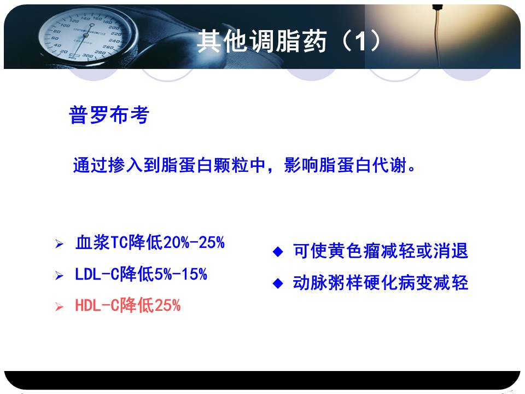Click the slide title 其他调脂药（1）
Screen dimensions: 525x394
(289, 41)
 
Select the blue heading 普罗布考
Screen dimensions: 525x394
(109, 115)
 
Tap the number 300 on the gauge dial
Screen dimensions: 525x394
(87, 56)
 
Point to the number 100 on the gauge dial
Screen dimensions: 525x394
(65, 25)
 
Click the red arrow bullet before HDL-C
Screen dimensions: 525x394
(59, 306)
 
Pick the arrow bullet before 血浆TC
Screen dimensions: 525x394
(59, 244)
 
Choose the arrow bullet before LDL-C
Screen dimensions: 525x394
(59, 275)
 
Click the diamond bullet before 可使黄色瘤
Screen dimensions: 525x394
(278, 252)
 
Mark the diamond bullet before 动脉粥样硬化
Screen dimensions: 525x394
(278, 283)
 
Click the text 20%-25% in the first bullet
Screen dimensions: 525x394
(194, 242)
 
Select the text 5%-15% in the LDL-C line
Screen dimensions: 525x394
(180, 274)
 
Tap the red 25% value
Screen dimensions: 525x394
(167, 305)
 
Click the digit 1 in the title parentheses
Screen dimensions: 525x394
(360, 42)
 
